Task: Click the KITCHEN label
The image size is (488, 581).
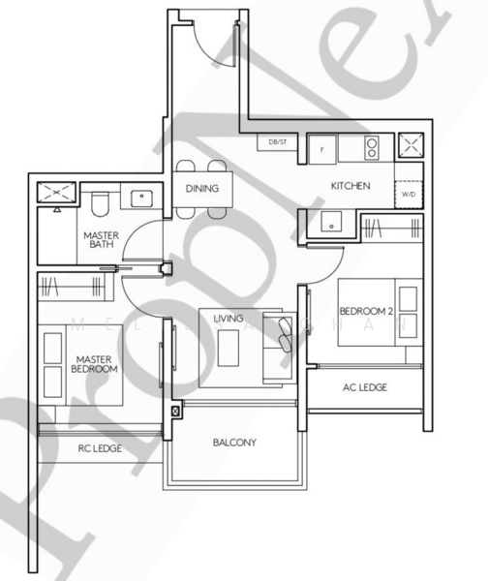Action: click(350, 186)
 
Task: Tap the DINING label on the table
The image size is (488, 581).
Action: click(202, 189)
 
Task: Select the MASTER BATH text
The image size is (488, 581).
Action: click(101, 239)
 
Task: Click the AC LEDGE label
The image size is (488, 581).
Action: click(365, 387)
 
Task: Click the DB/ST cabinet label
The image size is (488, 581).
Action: click(278, 142)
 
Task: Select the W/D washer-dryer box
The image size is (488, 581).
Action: click(409, 194)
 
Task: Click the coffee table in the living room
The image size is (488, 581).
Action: click(229, 348)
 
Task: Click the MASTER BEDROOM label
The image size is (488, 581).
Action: click(96, 365)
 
